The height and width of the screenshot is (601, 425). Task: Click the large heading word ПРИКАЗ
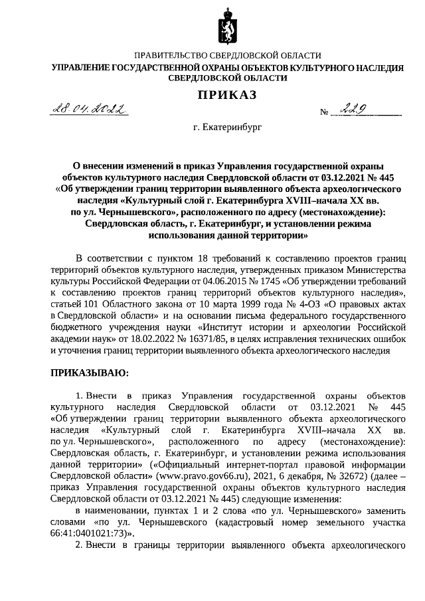click(226, 95)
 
